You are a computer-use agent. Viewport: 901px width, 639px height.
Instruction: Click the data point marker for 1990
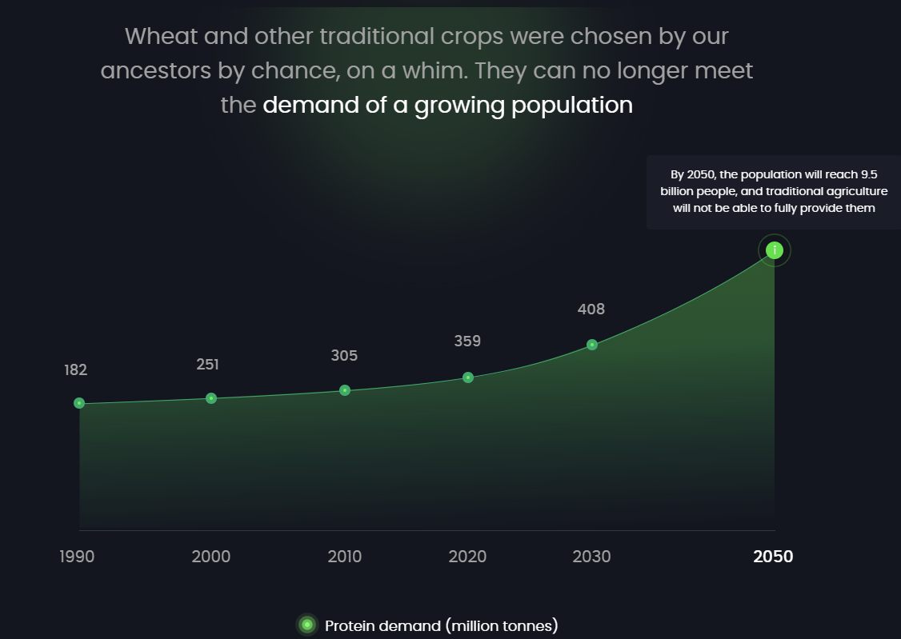coord(79,403)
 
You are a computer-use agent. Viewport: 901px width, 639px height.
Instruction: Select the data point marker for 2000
coord(211,397)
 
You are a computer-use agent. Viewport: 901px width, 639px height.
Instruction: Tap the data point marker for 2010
coord(345,390)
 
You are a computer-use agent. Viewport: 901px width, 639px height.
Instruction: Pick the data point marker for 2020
coord(468,377)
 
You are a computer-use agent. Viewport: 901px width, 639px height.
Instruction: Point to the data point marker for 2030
coord(592,345)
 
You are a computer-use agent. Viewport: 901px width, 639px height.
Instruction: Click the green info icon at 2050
coord(775,250)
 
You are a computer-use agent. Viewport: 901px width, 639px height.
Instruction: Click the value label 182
coord(76,370)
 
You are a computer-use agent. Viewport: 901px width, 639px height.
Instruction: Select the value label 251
coord(207,365)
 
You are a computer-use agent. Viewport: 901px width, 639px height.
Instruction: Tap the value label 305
coord(344,356)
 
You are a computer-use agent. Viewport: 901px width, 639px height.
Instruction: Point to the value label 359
coord(467,341)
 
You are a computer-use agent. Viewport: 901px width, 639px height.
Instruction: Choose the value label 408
coord(591,310)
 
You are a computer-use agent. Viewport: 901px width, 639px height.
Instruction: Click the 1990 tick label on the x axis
coord(77,557)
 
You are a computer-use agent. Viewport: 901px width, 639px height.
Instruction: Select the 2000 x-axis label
coord(211,557)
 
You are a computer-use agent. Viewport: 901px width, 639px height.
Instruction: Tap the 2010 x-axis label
coord(345,557)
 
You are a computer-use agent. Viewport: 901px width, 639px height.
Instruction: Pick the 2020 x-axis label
coord(467,557)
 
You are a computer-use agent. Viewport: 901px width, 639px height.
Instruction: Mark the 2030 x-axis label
coord(591,557)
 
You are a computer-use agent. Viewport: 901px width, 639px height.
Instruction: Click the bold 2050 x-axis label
coord(773,557)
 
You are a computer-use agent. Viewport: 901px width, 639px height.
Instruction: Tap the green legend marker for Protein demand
coord(307,625)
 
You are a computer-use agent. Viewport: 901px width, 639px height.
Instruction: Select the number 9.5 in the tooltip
coord(869,174)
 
